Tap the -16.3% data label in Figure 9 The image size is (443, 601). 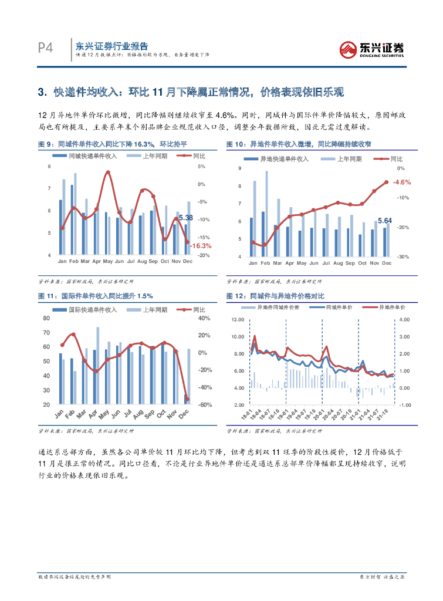(x=201, y=246)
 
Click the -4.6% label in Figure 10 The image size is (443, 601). (x=401, y=183)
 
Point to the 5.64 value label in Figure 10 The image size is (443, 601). (x=384, y=220)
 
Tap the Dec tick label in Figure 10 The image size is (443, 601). (x=386, y=263)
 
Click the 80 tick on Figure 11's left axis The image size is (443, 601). (x=46, y=318)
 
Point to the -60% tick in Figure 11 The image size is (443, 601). (x=204, y=405)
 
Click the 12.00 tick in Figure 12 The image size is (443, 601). (x=237, y=319)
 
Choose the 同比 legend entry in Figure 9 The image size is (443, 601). (x=199, y=156)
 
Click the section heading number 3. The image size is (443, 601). (x=41, y=92)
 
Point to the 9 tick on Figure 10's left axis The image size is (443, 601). (x=239, y=169)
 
